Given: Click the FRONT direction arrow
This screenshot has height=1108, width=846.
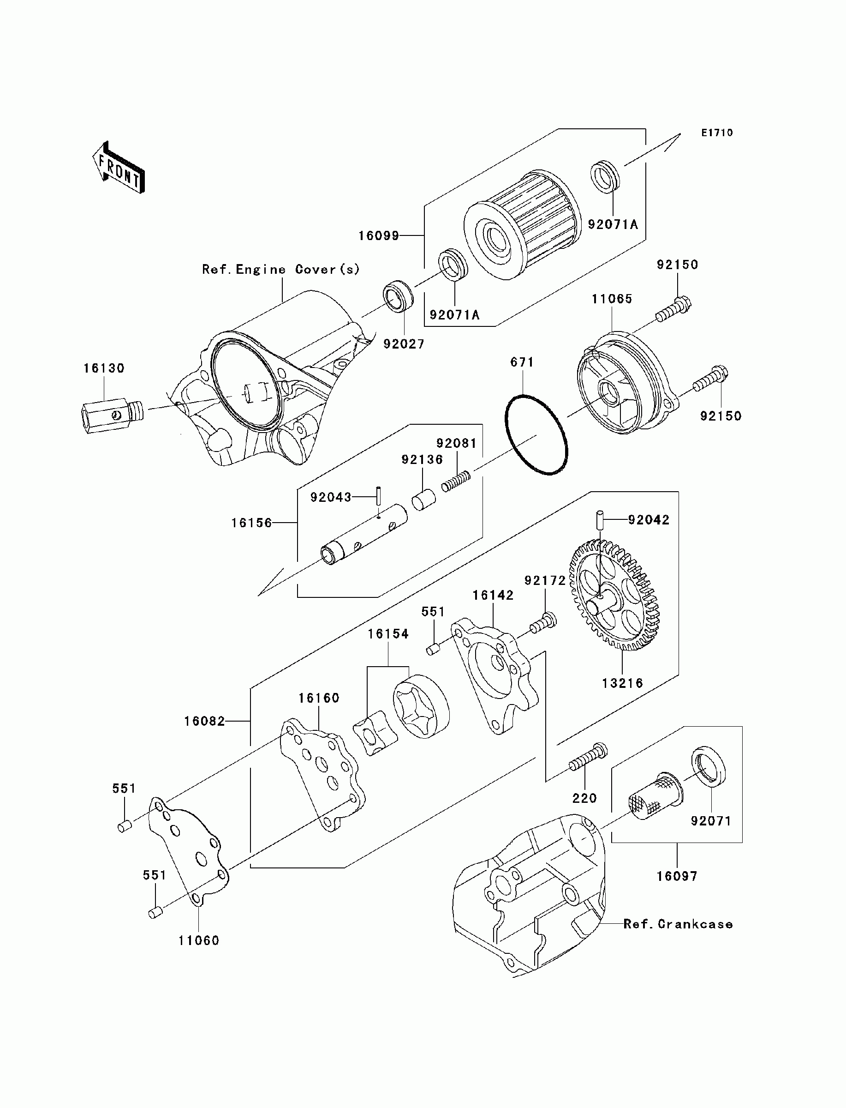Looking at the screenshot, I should pyautogui.click(x=119, y=167).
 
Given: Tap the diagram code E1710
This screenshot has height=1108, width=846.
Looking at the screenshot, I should pyautogui.click(x=718, y=133).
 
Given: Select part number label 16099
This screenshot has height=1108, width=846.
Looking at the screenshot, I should pyautogui.click(x=378, y=235).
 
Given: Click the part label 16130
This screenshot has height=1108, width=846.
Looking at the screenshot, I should pyautogui.click(x=104, y=368).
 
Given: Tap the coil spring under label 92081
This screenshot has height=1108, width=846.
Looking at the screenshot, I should pyautogui.click(x=456, y=482).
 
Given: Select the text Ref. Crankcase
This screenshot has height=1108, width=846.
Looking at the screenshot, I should pyautogui.click(x=678, y=924).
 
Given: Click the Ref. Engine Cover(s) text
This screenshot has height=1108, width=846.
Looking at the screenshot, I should pyautogui.click(x=281, y=270).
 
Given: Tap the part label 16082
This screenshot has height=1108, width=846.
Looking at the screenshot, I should pyautogui.click(x=204, y=721).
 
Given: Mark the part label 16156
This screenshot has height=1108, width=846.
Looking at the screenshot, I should pyautogui.click(x=251, y=523).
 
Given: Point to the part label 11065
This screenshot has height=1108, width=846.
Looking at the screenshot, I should pyautogui.click(x=611, y=299).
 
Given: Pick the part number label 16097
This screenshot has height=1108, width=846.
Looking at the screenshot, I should pyautogui.click(x=676, y=876).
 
